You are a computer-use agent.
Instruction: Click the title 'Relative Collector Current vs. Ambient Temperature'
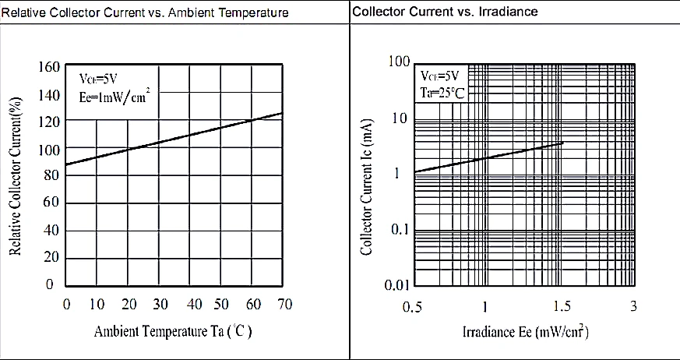pos(145,12)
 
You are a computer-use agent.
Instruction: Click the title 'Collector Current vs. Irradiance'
pos(445,12)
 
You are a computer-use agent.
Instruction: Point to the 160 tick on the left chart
pos(49,67)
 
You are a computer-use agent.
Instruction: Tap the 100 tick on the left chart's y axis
pos(49,148)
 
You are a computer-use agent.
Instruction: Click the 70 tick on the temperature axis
pos(284,304)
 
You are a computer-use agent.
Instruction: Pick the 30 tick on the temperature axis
pos(160,304)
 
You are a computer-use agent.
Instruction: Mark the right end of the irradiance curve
pos(562,143)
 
